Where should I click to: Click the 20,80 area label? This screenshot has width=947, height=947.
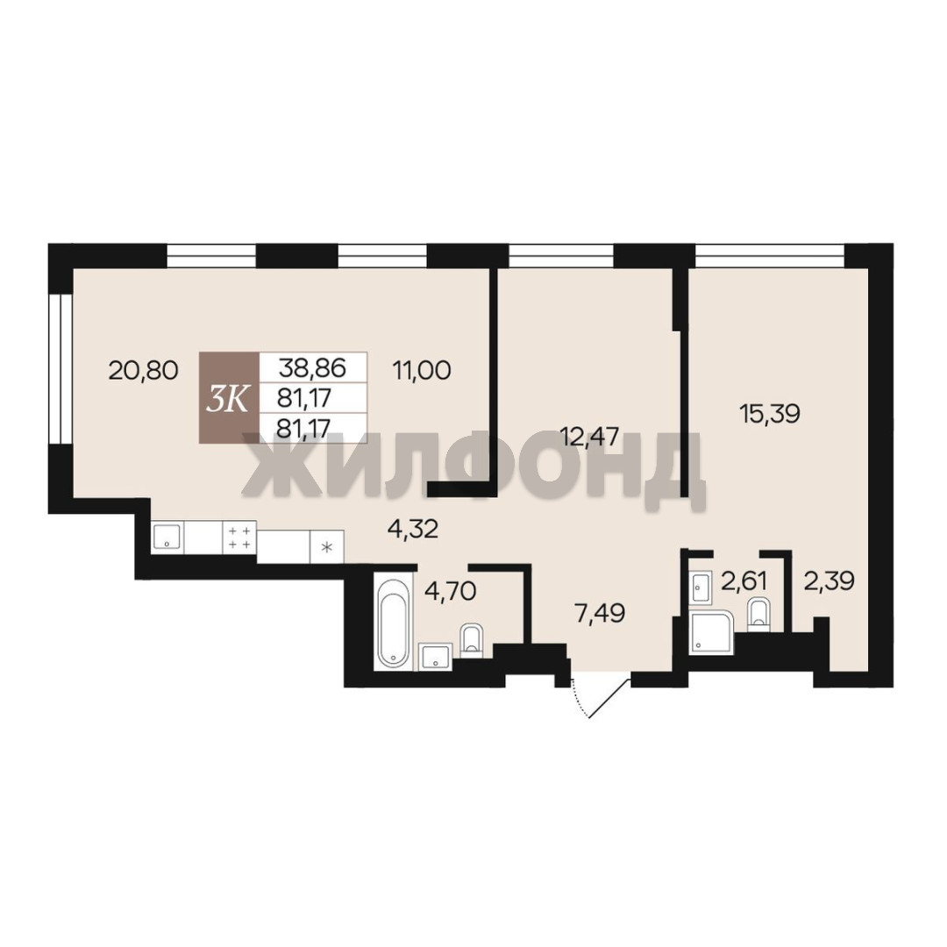143,370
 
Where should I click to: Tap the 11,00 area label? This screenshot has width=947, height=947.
422,370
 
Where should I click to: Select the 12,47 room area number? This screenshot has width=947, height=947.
589,436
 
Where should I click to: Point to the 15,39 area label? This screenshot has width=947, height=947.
770,414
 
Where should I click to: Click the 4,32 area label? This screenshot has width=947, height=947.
412,530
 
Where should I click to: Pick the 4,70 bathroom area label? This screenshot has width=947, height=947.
451,591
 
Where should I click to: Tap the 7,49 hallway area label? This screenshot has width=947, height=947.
600,614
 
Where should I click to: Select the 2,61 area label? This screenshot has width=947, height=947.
744,582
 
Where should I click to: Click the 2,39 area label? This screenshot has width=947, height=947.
829,581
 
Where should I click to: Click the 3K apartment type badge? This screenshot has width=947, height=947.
229,398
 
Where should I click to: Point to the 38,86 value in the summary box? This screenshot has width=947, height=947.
311,367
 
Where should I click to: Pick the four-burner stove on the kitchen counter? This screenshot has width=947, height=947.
239,537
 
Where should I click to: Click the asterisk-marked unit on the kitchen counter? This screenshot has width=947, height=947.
327,547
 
